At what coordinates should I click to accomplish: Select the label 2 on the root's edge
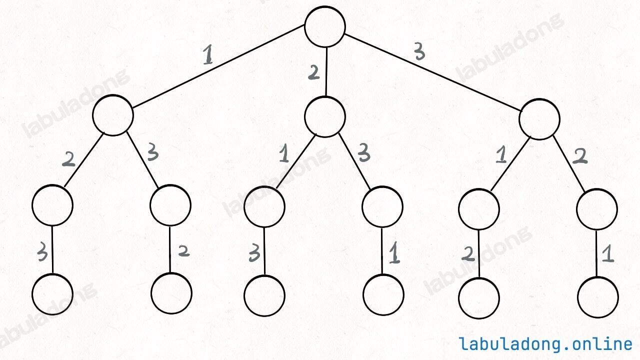313,73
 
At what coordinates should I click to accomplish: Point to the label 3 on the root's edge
419,51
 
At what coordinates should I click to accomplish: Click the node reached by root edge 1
113,115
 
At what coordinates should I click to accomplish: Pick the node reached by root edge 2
325,116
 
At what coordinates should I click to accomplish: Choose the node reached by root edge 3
539,119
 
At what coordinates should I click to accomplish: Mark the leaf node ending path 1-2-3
52,294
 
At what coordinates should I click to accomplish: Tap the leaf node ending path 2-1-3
264,295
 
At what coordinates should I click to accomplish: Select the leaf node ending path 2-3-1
383,295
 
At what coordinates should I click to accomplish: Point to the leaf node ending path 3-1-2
479,298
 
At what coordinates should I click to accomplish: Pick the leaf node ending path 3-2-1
598,297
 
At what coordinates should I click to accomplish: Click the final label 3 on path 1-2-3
42,254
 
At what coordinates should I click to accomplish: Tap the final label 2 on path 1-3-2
183,251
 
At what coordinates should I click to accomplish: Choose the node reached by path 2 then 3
382,207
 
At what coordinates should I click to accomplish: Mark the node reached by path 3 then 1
479,208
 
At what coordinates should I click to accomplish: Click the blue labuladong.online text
545,344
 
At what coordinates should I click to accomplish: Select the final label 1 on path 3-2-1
607,255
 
